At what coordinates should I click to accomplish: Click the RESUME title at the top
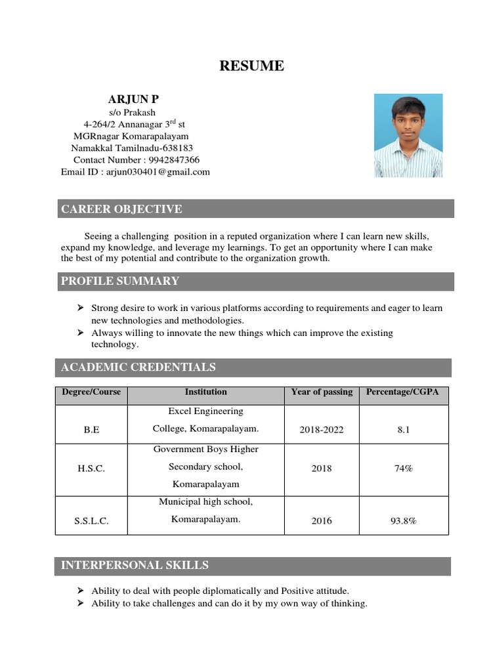(252, 66)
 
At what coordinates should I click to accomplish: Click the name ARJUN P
(133, 99)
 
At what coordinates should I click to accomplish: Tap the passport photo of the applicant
(408, 135)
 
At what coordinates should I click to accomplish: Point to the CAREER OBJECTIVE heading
(121, 209)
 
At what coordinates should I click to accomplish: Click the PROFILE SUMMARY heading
(120, 281)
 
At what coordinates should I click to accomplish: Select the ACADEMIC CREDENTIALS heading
(138, 367)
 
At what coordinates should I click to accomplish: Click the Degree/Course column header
(91, 392)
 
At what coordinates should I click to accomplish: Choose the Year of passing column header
(322, 392)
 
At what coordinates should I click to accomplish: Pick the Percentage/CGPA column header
(402, 392)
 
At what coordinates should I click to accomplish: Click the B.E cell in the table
(91, 430)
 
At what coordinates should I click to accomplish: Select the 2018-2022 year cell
(322, 430)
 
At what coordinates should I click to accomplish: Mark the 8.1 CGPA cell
(402, 430)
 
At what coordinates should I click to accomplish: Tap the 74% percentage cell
(402, 469)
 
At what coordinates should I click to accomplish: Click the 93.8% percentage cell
(402, 521)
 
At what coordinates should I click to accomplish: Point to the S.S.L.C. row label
(91, 521)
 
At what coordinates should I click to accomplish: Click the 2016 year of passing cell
(322, 521)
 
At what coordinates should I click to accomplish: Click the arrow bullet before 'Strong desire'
(80, 308)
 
